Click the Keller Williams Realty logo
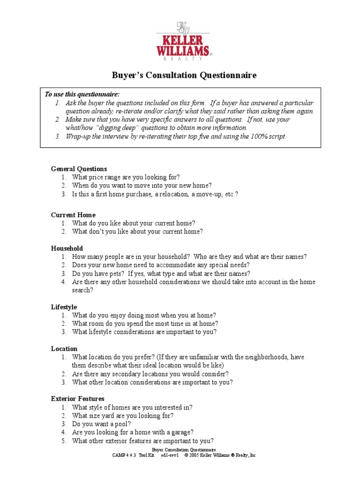184,41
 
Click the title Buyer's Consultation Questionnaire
184,75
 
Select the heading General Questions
79,169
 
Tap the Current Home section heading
73,215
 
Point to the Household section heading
67,248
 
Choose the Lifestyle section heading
64,307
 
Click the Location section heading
64,349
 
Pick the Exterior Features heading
78,399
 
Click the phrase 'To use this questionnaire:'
82,94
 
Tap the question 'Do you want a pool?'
102,424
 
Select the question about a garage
133,433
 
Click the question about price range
126,177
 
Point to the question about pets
161,274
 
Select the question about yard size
123,416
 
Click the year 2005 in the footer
196,455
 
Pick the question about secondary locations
150,374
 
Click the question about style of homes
132,407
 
